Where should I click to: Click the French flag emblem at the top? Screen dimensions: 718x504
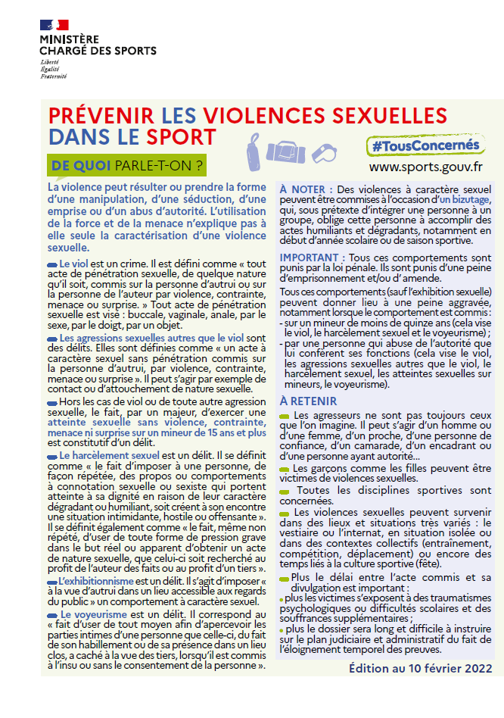point(54,25)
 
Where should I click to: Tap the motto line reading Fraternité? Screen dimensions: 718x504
point(54,76)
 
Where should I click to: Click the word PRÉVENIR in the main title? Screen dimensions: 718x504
point(101,116)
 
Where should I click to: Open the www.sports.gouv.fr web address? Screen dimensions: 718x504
point(426,166)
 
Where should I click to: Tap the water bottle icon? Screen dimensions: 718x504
point(255,145)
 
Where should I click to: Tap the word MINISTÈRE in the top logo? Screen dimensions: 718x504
point(69,39)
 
